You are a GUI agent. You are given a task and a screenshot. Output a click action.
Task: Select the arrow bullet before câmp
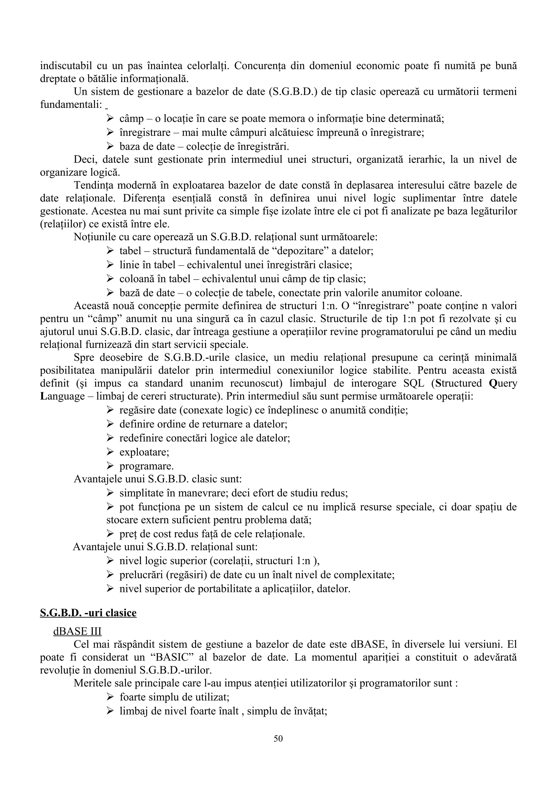point(110,118)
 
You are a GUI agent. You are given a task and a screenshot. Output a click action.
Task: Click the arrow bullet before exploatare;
point(110,452)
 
